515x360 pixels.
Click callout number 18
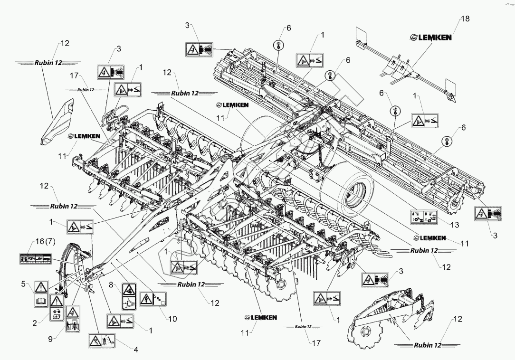[465, 19]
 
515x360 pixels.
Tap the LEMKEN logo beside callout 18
[431, 37]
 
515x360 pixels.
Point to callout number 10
[172, 319]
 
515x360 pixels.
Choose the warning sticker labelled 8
[128, 296]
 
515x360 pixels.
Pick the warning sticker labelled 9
[72, 320]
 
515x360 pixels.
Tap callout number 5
[23, 284]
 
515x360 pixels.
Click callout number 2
[35, 323]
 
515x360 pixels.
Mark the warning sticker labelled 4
[102, 341]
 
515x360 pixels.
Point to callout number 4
[135, 350]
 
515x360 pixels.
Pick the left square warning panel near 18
[362, 35]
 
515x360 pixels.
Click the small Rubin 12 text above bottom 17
[303, 326]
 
